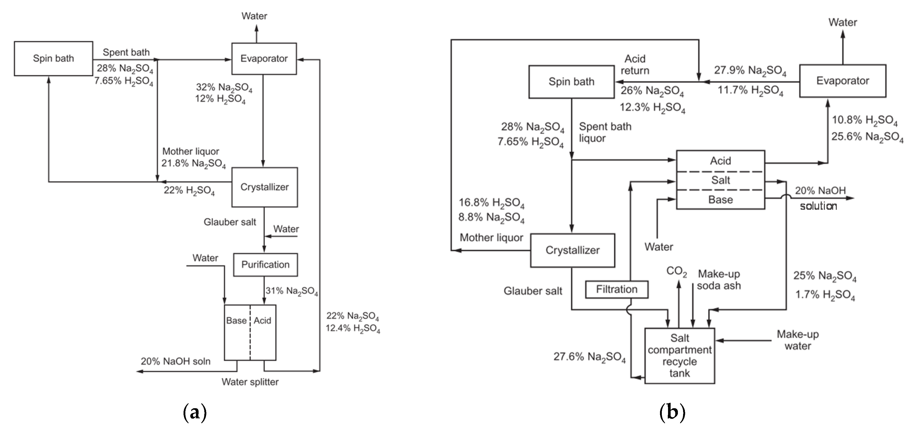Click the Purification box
coord(265,265)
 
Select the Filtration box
coord(617,289)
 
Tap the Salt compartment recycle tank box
coord(679,356)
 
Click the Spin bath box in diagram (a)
coord(53,59)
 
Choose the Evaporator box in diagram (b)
coord(842,81)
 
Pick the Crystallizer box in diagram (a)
coord(264,187)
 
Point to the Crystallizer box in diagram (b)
coord(572,250)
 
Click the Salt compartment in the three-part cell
coord(721,180)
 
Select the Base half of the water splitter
coord(237,332)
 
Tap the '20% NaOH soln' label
coord(175,361)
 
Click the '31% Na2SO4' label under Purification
coord(292,291)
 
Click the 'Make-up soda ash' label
coord(719,280)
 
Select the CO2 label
coord(677,271)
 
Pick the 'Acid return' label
coord(635,64)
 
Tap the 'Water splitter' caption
coord(250,382)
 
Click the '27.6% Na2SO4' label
coord(589,357)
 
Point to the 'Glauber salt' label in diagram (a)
coord(230,222)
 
